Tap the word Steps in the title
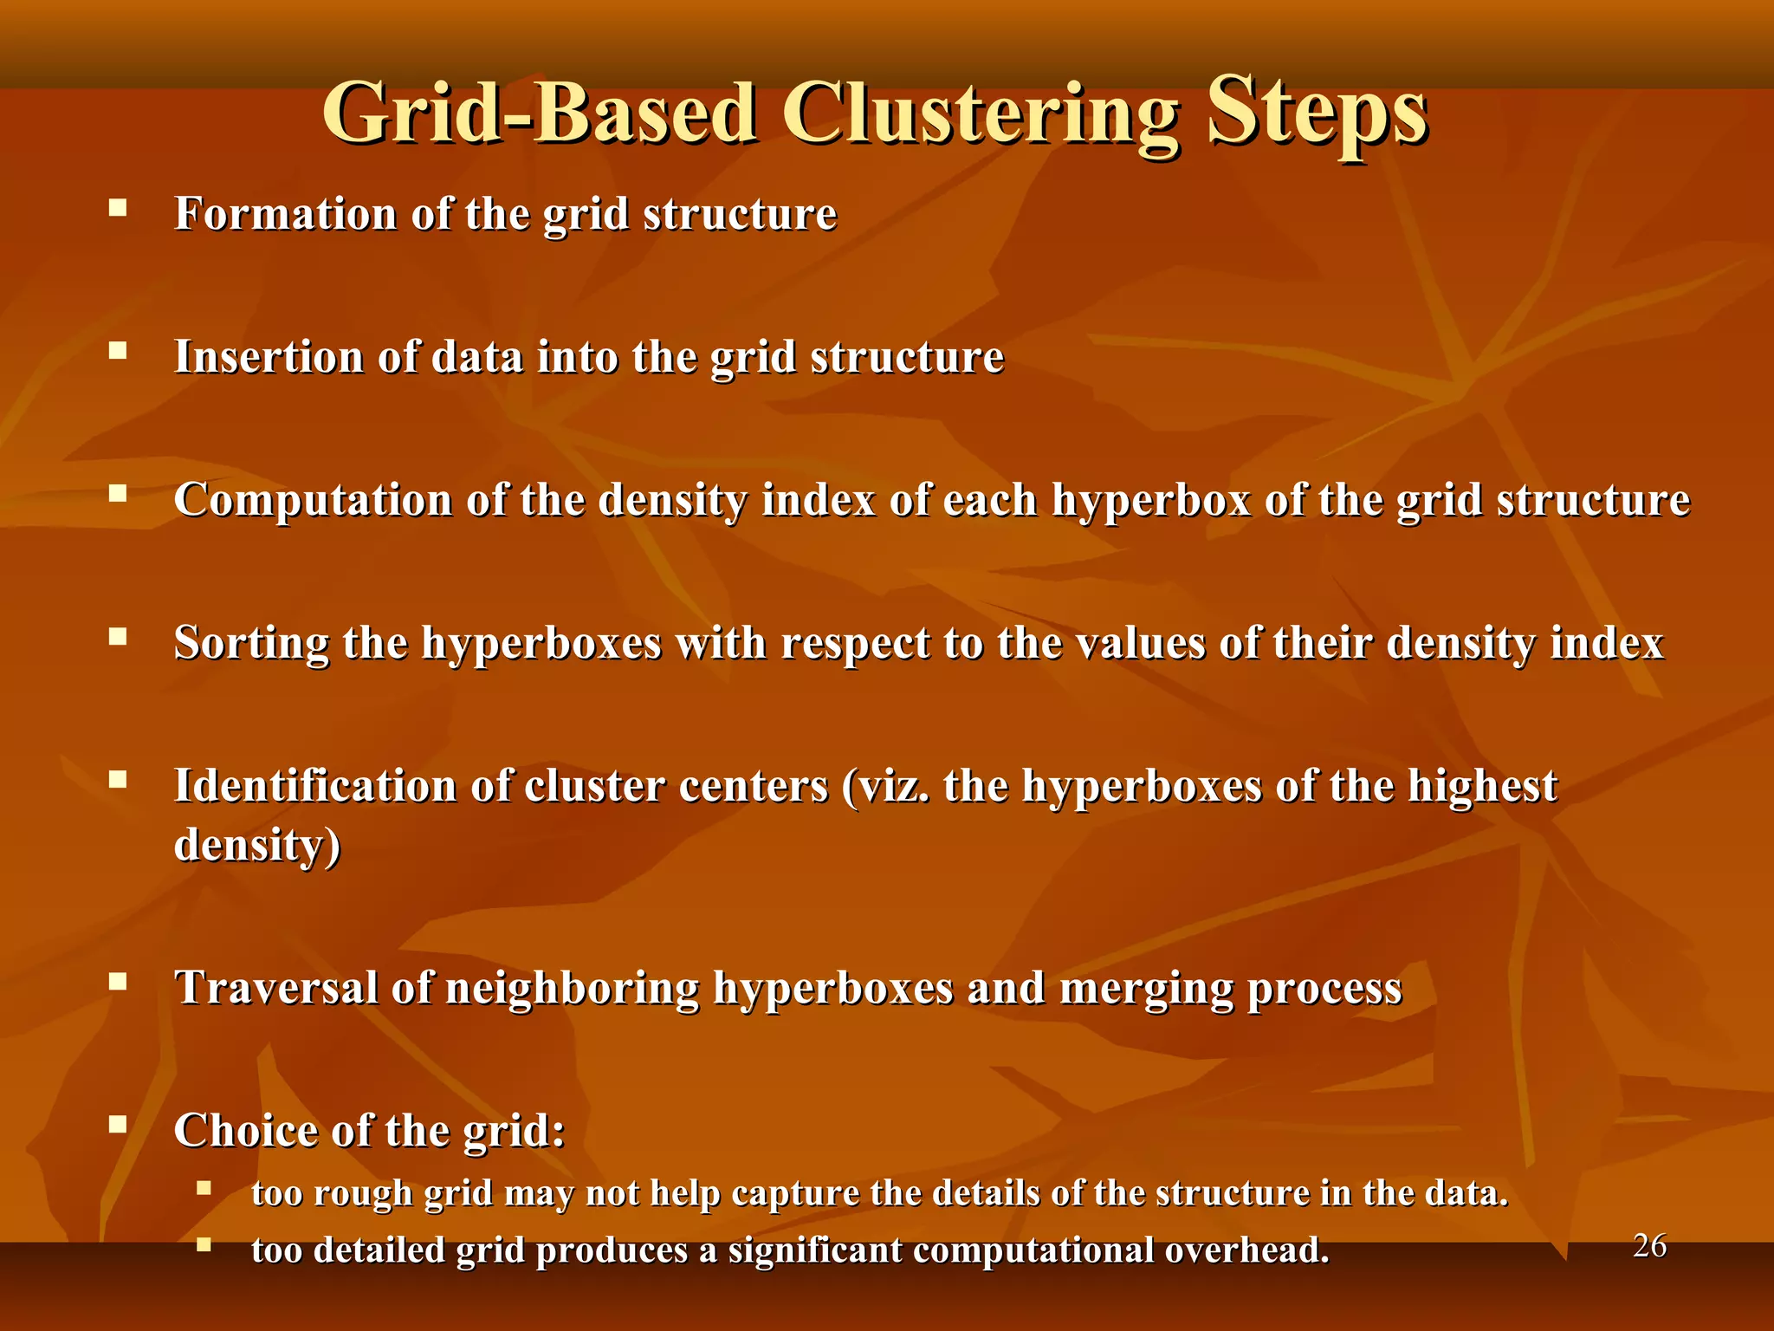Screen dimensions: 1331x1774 (1317, 114)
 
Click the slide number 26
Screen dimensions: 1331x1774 (1649, 1246)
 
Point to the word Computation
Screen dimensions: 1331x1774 (313, 500)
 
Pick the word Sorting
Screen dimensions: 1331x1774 (251, 643)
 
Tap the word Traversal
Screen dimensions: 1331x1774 (276, 987)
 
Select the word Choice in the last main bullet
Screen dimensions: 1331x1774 (236, 1130)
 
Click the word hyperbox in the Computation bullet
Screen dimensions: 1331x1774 (1151, 500)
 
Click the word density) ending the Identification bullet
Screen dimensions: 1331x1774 (257, 845)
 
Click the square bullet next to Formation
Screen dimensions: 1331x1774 (118, 208)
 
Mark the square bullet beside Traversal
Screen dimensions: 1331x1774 (118, 982)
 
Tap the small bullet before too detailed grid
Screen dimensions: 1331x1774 (204, 1245)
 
